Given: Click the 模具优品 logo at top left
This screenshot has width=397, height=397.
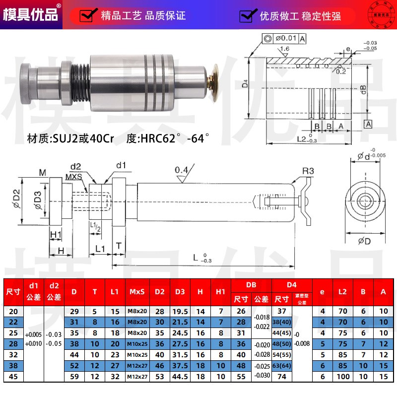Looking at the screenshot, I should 31,14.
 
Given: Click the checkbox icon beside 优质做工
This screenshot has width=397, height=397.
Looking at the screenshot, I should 247,16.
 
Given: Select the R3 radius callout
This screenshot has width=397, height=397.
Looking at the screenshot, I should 308,172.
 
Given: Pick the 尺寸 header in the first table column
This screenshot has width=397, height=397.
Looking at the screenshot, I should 13,292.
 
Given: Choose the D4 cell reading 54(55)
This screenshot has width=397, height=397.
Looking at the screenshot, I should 281,354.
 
